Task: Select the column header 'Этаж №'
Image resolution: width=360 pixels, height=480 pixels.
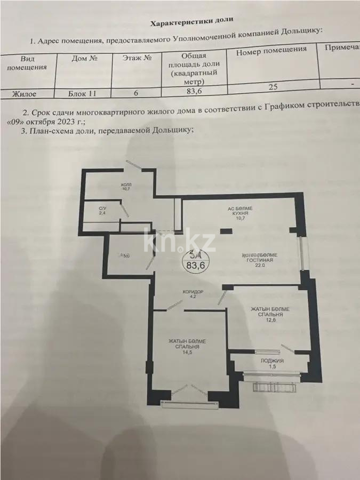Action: [x=135, y=59]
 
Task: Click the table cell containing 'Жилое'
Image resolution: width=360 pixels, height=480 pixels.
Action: [x=25, y=93]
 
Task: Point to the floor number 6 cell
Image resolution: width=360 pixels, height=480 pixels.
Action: [x=136, y=93]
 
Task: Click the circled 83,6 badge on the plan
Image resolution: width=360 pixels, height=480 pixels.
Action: [x=193, y=260]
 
